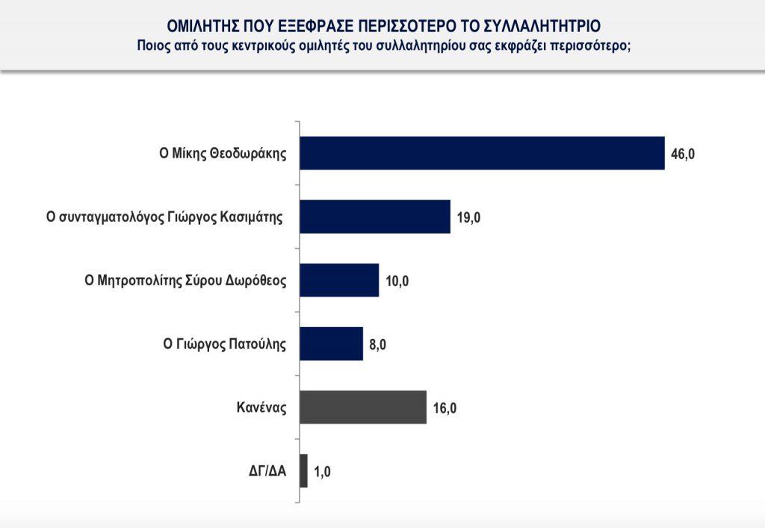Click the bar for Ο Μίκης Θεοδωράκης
tap(481, 153)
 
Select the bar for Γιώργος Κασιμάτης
tap(374, 217)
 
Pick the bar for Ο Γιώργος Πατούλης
tap(331, 344)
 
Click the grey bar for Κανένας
tap(362, 407)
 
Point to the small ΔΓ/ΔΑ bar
tap(303, 471)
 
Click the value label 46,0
tap(683, 155)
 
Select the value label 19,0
tap(468, 218)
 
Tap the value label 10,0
tap(397, 282)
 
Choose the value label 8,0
tap(378, 345)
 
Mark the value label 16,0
tap(445, 409)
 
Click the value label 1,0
tap(323, 473)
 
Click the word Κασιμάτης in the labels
tap(253, 218)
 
